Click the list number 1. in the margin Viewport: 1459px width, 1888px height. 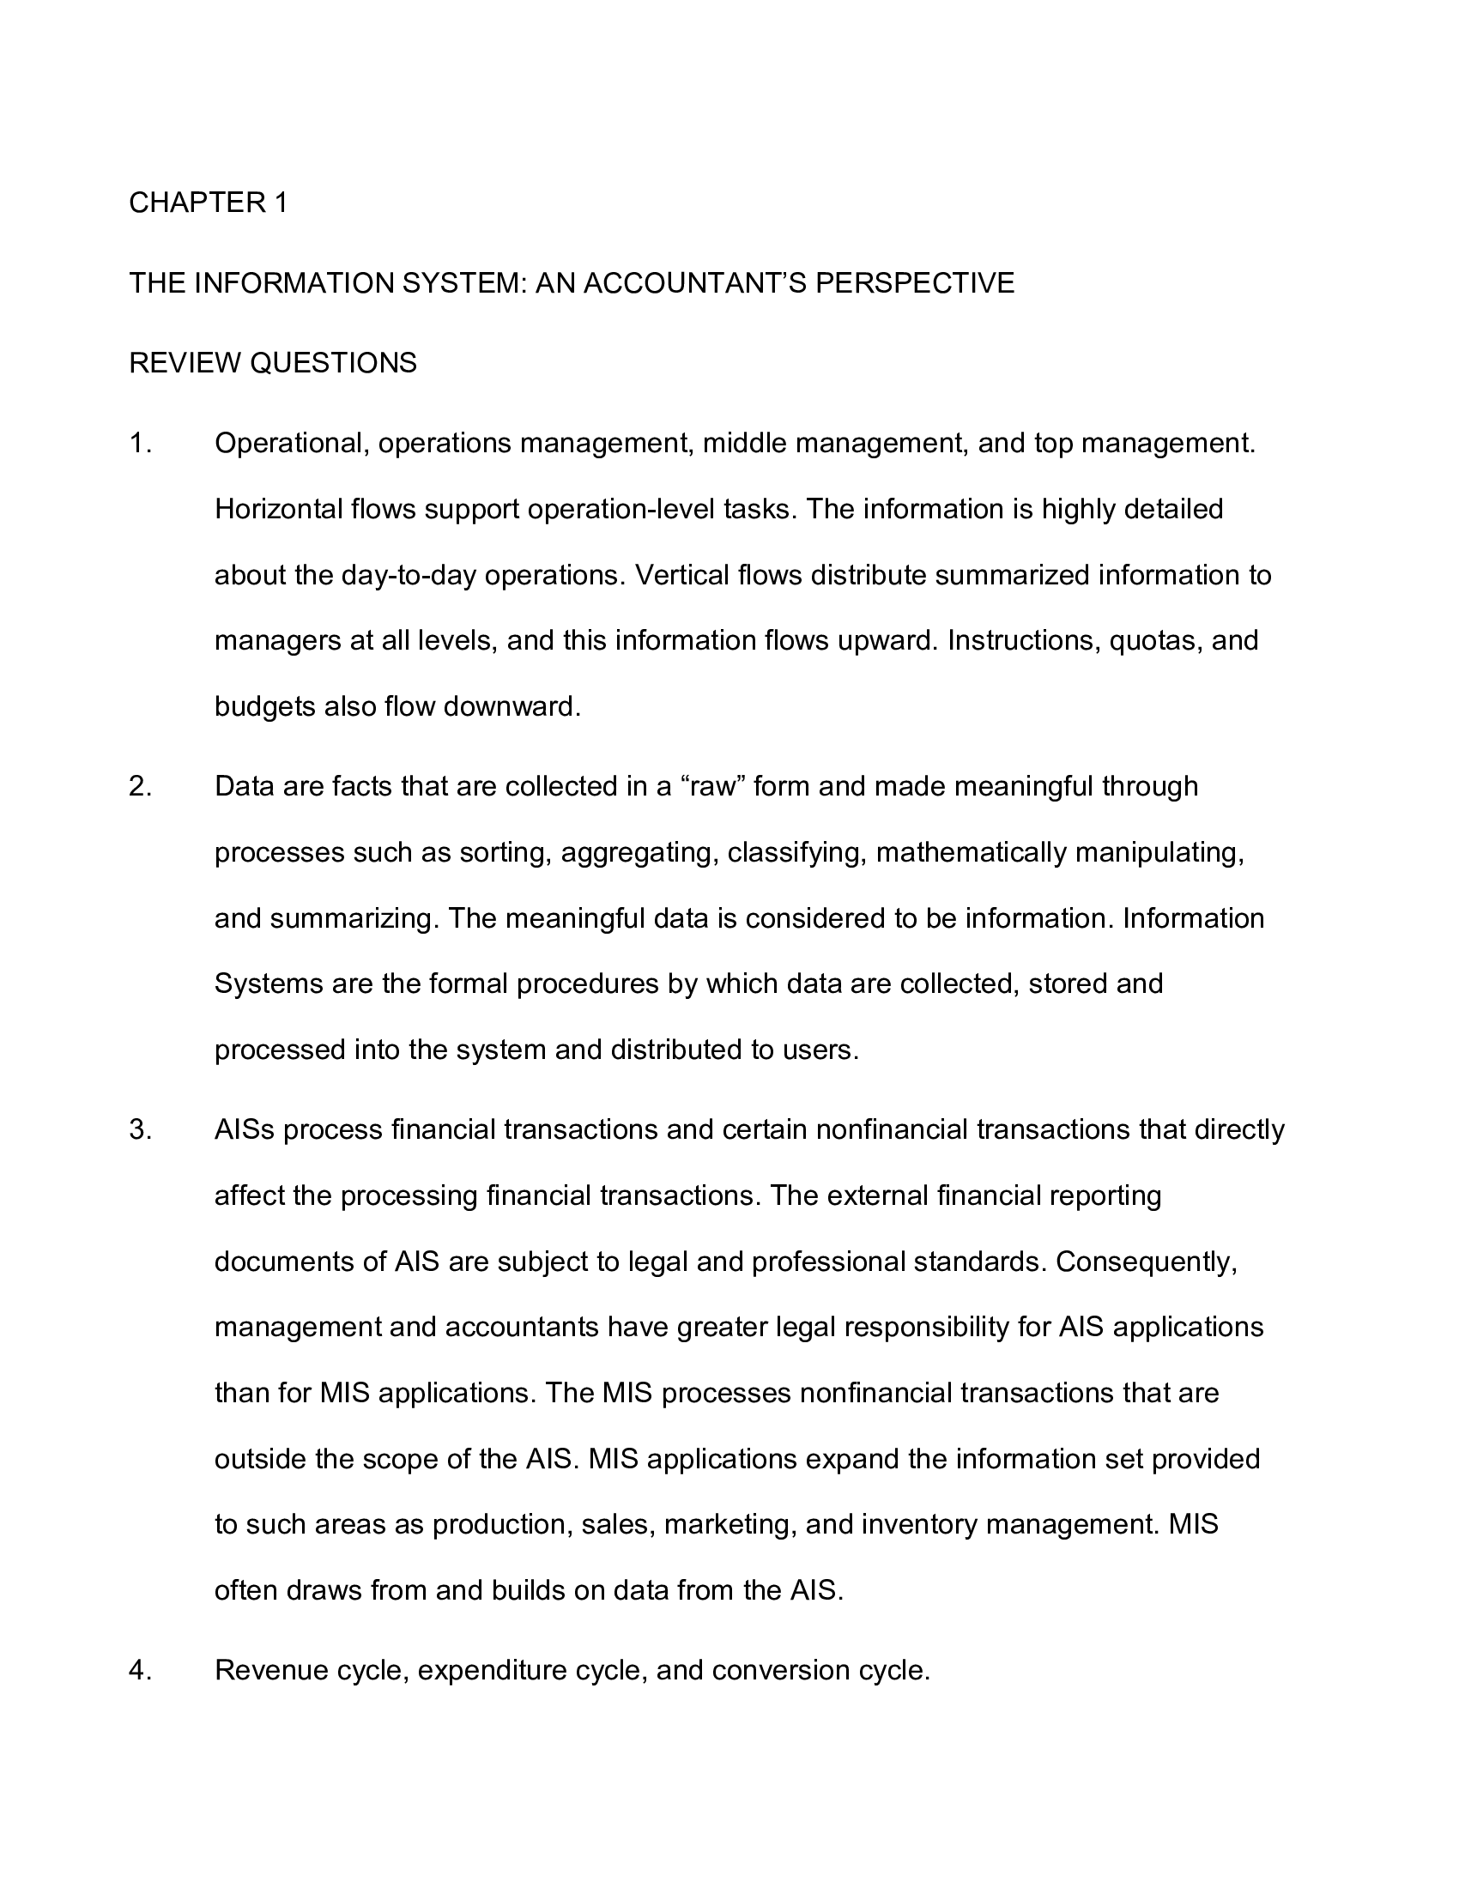140,444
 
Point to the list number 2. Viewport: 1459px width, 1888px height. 140,787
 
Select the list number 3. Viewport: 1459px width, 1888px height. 140,1130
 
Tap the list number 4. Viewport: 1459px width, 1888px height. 140,1670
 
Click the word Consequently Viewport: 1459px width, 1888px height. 1146,1262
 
